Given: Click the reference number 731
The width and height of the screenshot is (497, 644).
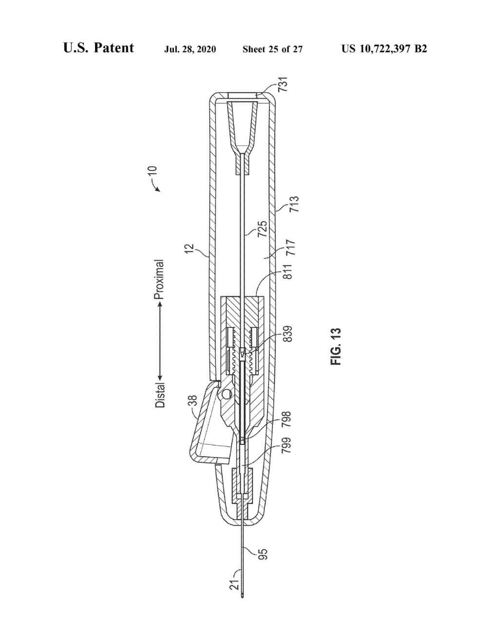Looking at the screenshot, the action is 283,84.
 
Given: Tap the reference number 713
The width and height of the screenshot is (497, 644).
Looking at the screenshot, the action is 294,204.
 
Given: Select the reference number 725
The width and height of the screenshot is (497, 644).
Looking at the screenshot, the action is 262,228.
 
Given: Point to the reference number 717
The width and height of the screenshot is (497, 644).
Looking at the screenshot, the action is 291,247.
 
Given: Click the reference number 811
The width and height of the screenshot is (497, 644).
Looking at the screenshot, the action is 287,271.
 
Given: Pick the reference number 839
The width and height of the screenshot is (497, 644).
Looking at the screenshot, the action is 287,334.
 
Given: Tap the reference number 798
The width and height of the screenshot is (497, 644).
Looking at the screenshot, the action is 286,419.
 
